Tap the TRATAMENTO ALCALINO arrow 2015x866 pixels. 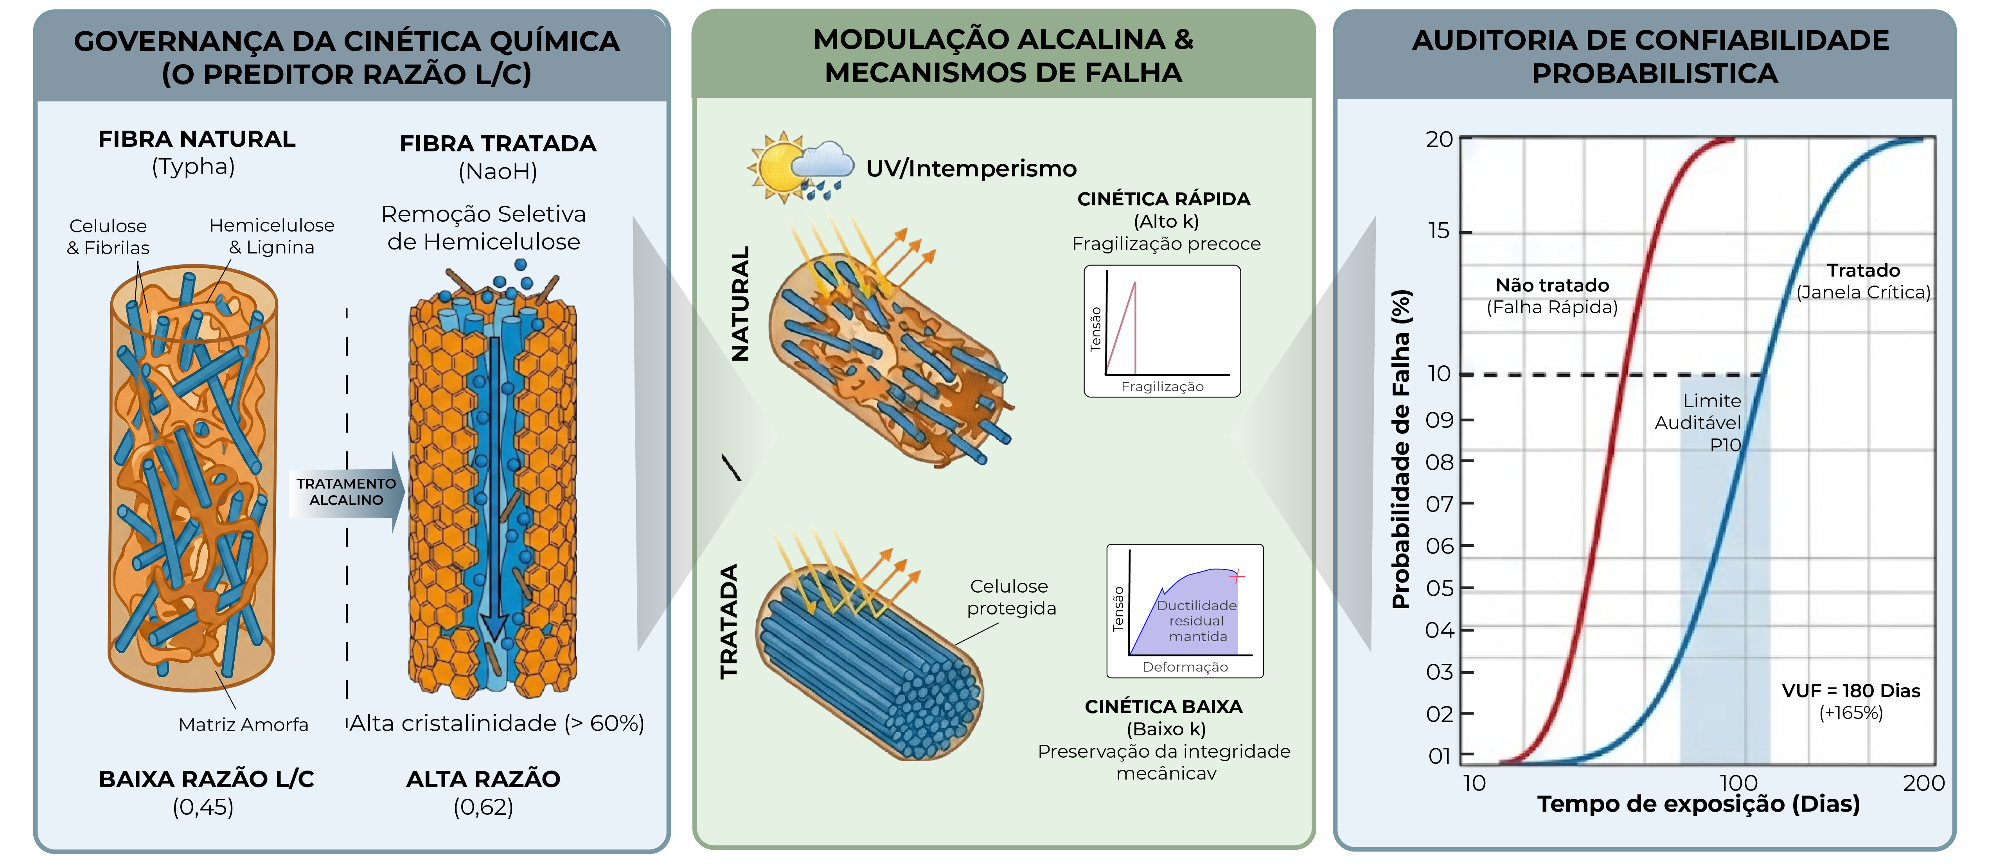347,492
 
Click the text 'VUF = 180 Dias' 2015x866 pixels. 1851,691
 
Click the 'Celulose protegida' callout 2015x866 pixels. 1010,597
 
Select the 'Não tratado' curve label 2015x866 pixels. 1552,286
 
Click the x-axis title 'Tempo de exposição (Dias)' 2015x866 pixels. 1698,804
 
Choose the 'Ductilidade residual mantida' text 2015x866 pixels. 1197,620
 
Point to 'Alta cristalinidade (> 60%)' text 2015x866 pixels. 497,724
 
